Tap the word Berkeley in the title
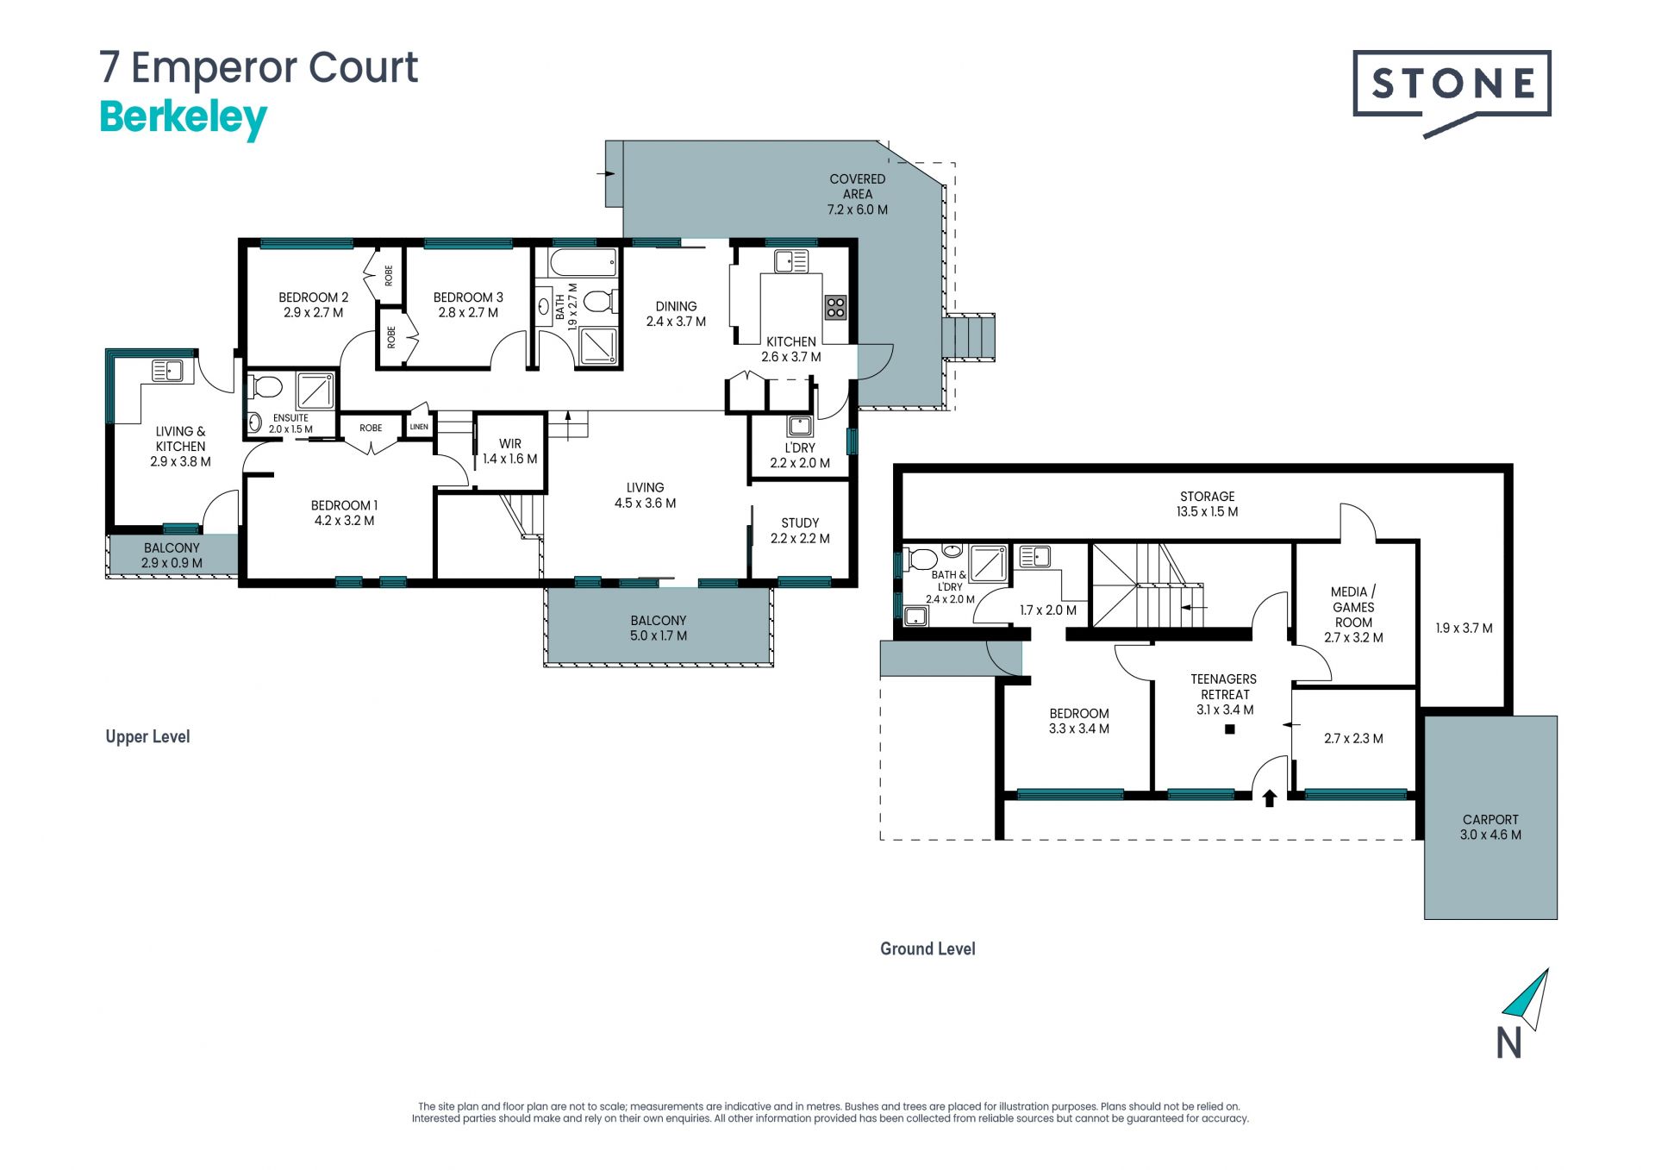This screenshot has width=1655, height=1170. [184, 119]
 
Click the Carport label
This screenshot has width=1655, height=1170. [1490, 827]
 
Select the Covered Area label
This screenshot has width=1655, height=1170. [857, 194]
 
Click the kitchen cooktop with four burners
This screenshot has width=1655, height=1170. [835, 307]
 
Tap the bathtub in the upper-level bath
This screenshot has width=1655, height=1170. [584, 262]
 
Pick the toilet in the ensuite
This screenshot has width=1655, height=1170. [265, 387]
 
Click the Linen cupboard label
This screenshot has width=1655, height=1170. [419, 427]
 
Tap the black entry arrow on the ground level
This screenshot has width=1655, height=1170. [1269, 798]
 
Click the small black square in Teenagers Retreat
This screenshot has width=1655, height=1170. [1230, 729]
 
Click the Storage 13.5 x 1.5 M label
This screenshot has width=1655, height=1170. [1207, 504]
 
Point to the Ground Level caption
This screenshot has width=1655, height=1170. [927, 949]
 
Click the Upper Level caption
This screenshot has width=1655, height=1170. [147, 736]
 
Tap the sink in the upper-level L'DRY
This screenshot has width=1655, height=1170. [800, 426]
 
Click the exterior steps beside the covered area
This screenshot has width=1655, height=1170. [970, 336]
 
